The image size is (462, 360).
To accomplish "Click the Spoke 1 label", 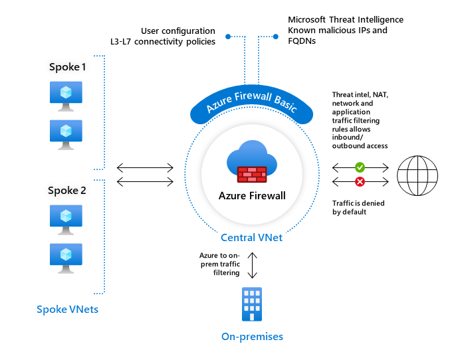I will pos(67,67).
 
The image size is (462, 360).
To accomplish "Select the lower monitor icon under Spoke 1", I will pos(66,132).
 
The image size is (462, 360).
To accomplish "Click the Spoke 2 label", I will pos(67,190).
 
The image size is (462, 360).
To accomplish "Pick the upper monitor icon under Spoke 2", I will pos(66,217).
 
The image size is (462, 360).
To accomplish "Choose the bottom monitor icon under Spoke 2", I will pos(66,256).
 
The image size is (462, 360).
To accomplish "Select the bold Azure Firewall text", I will pos(252,196).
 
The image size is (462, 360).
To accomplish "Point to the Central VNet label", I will pos(252,237).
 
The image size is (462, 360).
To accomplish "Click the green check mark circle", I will pos(360,167).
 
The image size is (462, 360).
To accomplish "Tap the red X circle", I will pos(360,181).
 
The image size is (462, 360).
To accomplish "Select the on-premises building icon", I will pos(252,304).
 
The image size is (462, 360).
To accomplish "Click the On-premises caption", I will pos(252,337).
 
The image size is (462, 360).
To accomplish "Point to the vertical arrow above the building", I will pos(252,265).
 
